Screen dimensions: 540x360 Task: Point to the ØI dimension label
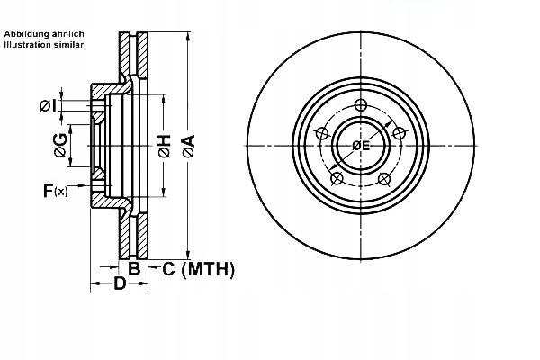[49, 106]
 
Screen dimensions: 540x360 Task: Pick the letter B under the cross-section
[133, 267]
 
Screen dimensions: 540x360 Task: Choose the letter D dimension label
[119, 284]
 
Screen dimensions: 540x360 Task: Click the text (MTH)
[207, 268]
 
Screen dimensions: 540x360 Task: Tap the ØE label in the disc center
[360, 145]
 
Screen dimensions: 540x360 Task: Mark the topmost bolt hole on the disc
[360, 105]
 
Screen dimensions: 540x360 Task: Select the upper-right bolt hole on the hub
[399, 133]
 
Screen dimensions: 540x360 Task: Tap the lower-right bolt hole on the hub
[384, 178]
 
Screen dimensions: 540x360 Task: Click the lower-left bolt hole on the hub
[337, 178]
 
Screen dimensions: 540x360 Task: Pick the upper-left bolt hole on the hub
[321, 133]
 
